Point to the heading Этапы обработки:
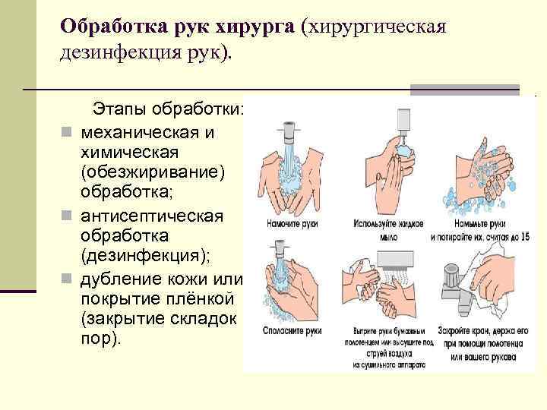pos(168,110)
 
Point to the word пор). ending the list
pos(100,339)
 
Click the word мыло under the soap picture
pos(388,237)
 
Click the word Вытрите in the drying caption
pos(370,332)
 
